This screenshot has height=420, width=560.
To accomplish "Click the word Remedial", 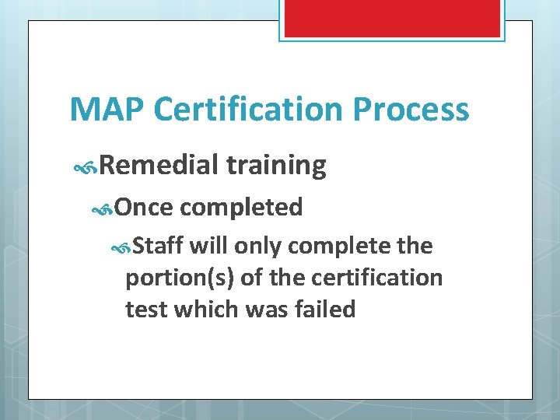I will (159, 165).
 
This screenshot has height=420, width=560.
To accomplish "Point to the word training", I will (276, 166).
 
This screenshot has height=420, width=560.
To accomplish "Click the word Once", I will (144, 207).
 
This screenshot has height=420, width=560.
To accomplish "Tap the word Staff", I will (158, 246).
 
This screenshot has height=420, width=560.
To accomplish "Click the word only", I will (259, 246).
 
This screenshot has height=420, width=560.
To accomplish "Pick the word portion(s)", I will (180, 278).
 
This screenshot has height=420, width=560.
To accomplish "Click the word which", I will (205, 309).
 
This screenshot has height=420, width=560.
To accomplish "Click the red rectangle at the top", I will (390, 17).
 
